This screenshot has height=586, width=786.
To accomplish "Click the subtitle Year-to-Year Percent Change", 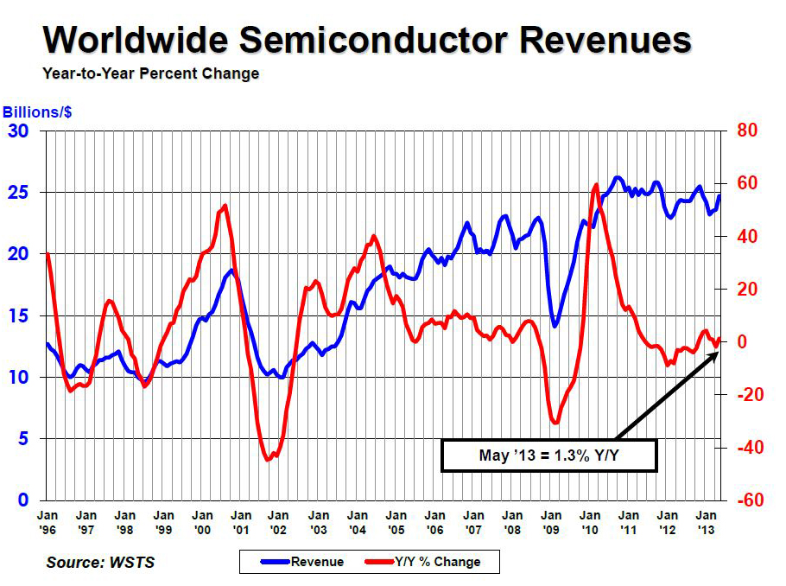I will (x=150, y=73).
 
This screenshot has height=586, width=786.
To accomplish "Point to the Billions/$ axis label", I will (x=36, y=112).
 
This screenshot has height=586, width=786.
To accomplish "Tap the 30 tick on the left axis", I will (x=18, y=131).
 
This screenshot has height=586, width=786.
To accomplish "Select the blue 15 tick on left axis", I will (x=18, y=315).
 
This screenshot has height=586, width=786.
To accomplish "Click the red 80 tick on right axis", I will (x=746, y=131).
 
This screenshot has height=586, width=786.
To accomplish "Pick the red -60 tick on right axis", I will (x=746, y=500).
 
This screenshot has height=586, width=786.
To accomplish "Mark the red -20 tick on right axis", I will (x=746, y=395).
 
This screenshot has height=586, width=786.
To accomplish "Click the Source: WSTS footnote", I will (x=101, y=563).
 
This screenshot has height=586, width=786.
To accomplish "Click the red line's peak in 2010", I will (x=596, y=185).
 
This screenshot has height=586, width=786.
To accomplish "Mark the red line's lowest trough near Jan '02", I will (x=269, y=459).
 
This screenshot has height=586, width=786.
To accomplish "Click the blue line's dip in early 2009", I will (x=555, y=325).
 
